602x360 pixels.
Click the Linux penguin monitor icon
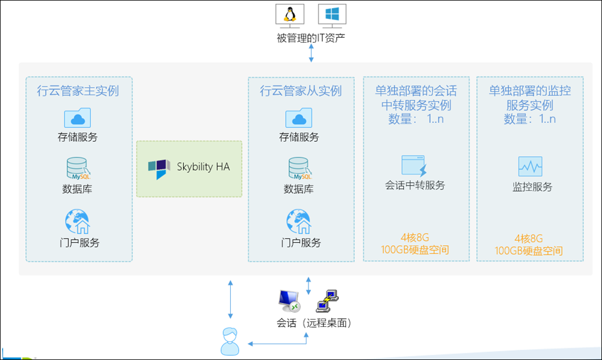pyautogui.click(x=290, y=15)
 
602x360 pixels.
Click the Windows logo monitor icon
pyautogui.click(x=332, y=15)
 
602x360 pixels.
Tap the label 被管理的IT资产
pyautogui.click(x=310, y=38)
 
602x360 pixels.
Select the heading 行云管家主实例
pyautogui.click(x=78, y=91)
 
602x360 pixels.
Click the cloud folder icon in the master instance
pyautogui.click(x=78, y=118)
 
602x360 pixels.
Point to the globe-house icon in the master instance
pyautogui.click(x=78, y=221)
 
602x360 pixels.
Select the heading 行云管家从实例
pyautogui.click(x=301, y=91)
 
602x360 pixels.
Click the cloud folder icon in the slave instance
pyautogui.click(x=299, y=118)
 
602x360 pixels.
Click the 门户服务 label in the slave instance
pyautogui.click(x=301, y=243)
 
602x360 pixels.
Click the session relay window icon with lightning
pyautogui.click(x=415, y=166)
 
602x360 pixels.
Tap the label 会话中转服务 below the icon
pyautogui.click(x=415, y=186)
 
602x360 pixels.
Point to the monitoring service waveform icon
pyautogui.click(x=530, y=166)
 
